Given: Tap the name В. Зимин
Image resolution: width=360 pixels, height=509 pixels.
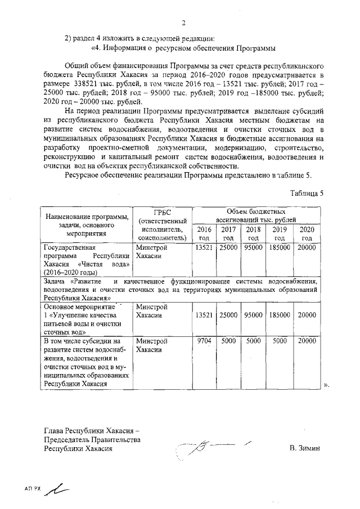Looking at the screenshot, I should point(304,448).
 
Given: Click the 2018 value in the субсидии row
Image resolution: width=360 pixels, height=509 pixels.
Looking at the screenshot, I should point(254,341).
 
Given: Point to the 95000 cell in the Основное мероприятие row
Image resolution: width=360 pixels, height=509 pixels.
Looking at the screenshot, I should point(254,316).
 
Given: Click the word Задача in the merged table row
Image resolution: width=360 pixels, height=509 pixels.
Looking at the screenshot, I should point(56,281).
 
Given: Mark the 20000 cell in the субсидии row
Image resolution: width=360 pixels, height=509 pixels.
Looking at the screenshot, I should point(307,341).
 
